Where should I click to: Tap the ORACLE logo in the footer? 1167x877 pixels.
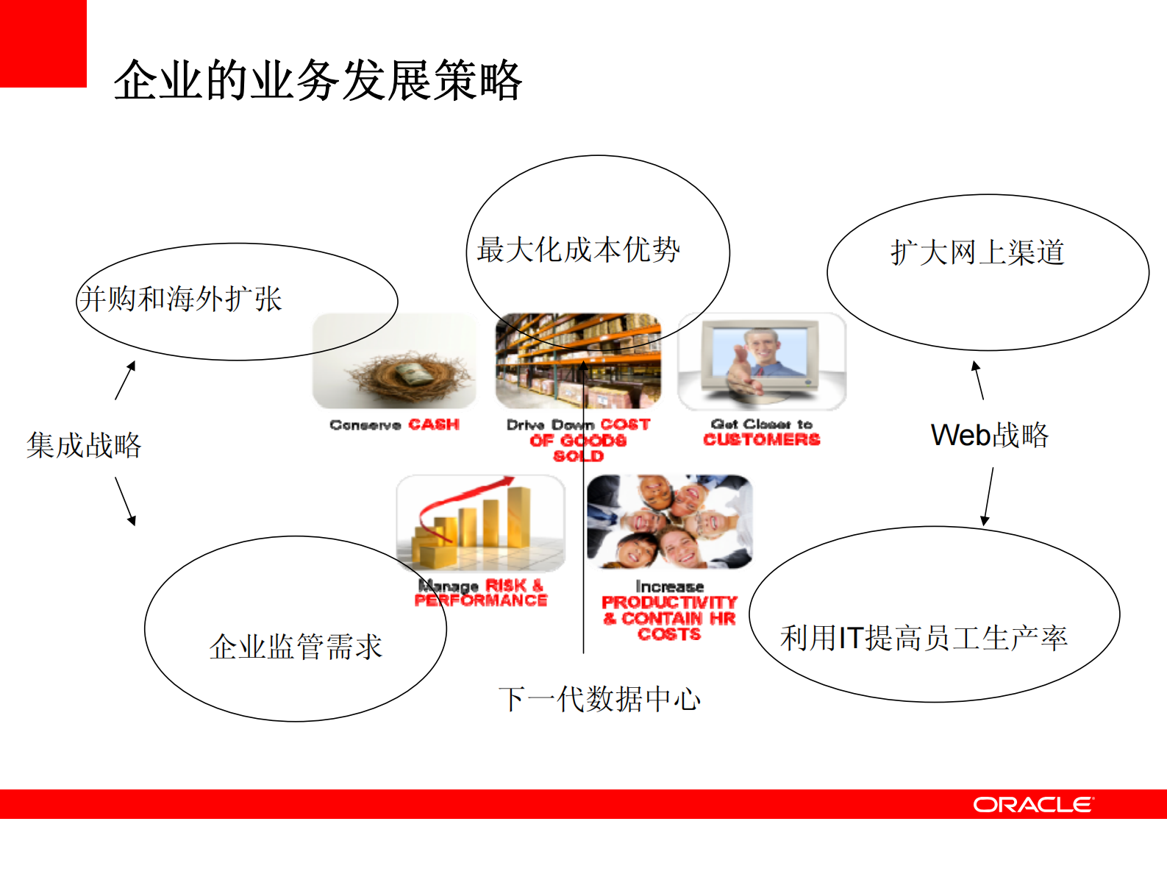coord(1033,804)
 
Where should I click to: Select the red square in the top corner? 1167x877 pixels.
coord(43,43)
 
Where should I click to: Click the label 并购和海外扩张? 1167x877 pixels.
coord(181,299)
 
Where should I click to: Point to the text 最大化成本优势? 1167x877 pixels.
coord(578,249)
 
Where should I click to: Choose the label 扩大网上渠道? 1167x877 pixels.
coord(977,252)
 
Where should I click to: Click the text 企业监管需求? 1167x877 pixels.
coord(296,647)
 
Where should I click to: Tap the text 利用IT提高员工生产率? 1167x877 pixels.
coord(924,637)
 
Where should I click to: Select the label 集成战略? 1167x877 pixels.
coord(84,445)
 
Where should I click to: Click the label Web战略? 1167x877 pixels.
coord(989,435)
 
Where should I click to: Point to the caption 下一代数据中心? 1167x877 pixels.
coord(599,698)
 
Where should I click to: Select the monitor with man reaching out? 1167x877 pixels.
coord(762,361)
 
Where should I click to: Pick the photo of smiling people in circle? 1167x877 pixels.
coord(669,522)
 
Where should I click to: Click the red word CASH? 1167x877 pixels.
coord(434,425)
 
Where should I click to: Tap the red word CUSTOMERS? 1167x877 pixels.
coord(761,440)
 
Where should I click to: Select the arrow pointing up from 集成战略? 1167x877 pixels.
coord(126,380)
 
